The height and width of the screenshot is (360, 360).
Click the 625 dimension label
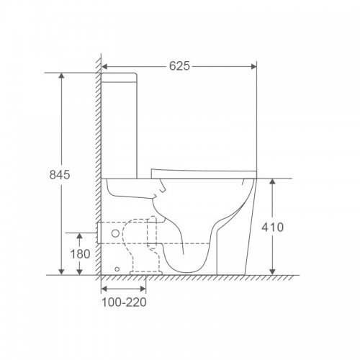(x=179, y=66)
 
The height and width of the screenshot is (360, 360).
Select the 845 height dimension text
(x=60, y=175)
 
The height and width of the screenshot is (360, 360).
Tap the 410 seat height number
(x=272, y=228)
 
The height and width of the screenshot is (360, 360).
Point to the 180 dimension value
(x=80, y=254)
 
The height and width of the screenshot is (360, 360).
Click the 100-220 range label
(x=124, y=302)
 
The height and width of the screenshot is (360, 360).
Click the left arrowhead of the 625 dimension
(x=104, y=67)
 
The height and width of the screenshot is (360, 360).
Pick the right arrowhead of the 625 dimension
(x=253, y=67)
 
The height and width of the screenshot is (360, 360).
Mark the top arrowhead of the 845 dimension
(x=62, y=76)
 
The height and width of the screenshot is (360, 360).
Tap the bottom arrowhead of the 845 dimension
(x=62, y=272)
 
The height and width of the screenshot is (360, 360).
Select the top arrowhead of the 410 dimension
(x=272, y=181)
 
